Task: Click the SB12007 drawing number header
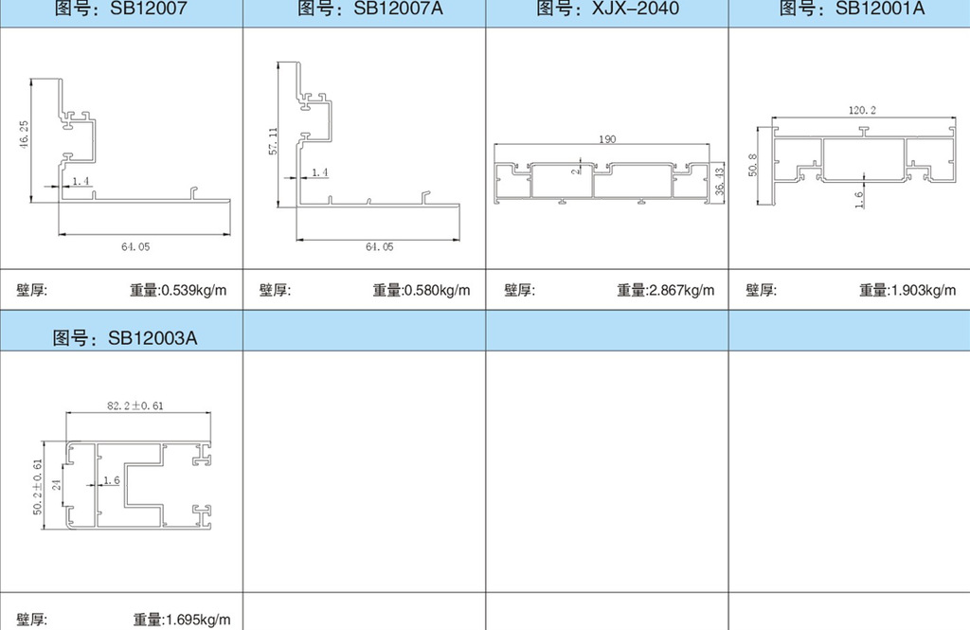(x=120, y=8)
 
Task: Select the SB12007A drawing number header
(x=370, y=8)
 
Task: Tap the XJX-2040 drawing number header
(x=607, y=8)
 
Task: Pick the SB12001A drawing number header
(x=852, y=8)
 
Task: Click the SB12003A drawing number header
(x=125, y=338)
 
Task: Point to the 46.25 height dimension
(x=24, y=134)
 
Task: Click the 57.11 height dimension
(x=273, y=141)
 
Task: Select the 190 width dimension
(x=607, y=139)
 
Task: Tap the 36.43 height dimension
(x=720, y=181)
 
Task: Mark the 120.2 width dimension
(x=862, y=110)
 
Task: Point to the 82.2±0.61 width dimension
(x=135, y=406)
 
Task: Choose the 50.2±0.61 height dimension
(x=38, y=486)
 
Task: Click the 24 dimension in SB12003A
(x=56, y=485)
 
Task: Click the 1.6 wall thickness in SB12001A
(x=858, y=199)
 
